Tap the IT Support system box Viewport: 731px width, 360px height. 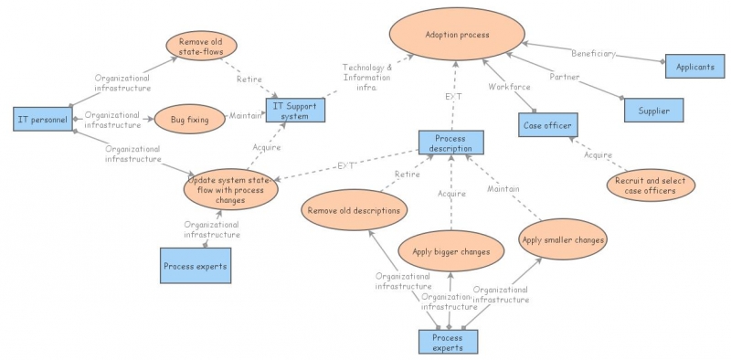coord(294,110)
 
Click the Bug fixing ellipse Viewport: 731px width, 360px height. coord(189,119)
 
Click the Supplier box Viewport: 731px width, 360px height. coord(652,111)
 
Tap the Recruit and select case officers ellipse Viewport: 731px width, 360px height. coord(650,185)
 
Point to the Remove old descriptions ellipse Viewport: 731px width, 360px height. coord(354,210)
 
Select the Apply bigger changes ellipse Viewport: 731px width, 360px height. coord(451,250)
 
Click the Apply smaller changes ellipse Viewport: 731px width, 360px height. coord(564,240)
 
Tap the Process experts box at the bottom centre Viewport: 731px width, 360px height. coord(448,342)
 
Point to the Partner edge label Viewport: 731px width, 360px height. coord(564,77)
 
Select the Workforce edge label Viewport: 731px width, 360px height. coord(509,88)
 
